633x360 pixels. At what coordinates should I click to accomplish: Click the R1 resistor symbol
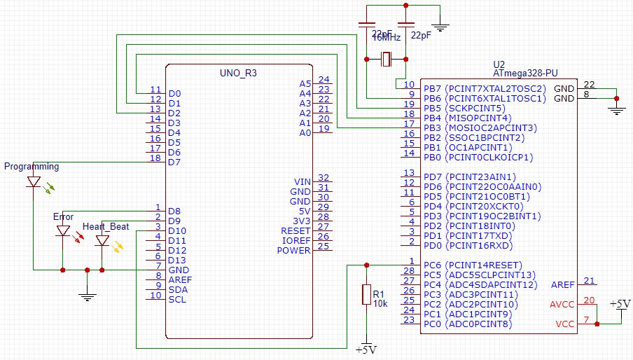point(365,294)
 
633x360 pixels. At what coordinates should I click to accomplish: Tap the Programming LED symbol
point(34,182)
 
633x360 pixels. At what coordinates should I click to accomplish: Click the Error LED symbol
point(63,230)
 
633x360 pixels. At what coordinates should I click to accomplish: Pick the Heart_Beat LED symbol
point(102,240)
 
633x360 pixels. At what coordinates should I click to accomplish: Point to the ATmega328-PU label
point(525,72)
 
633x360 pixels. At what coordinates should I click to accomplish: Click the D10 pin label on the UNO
point(177,230)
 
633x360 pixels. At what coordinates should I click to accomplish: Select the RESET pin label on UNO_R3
point(295,230)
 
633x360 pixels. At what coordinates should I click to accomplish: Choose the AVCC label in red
point(562,304)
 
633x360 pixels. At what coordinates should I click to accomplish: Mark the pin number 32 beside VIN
point(324,178)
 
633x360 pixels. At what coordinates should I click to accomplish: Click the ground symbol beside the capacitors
point(440,28)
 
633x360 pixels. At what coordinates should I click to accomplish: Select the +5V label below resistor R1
point(366,349)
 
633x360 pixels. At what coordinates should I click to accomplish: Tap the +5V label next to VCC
point(620,304)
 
